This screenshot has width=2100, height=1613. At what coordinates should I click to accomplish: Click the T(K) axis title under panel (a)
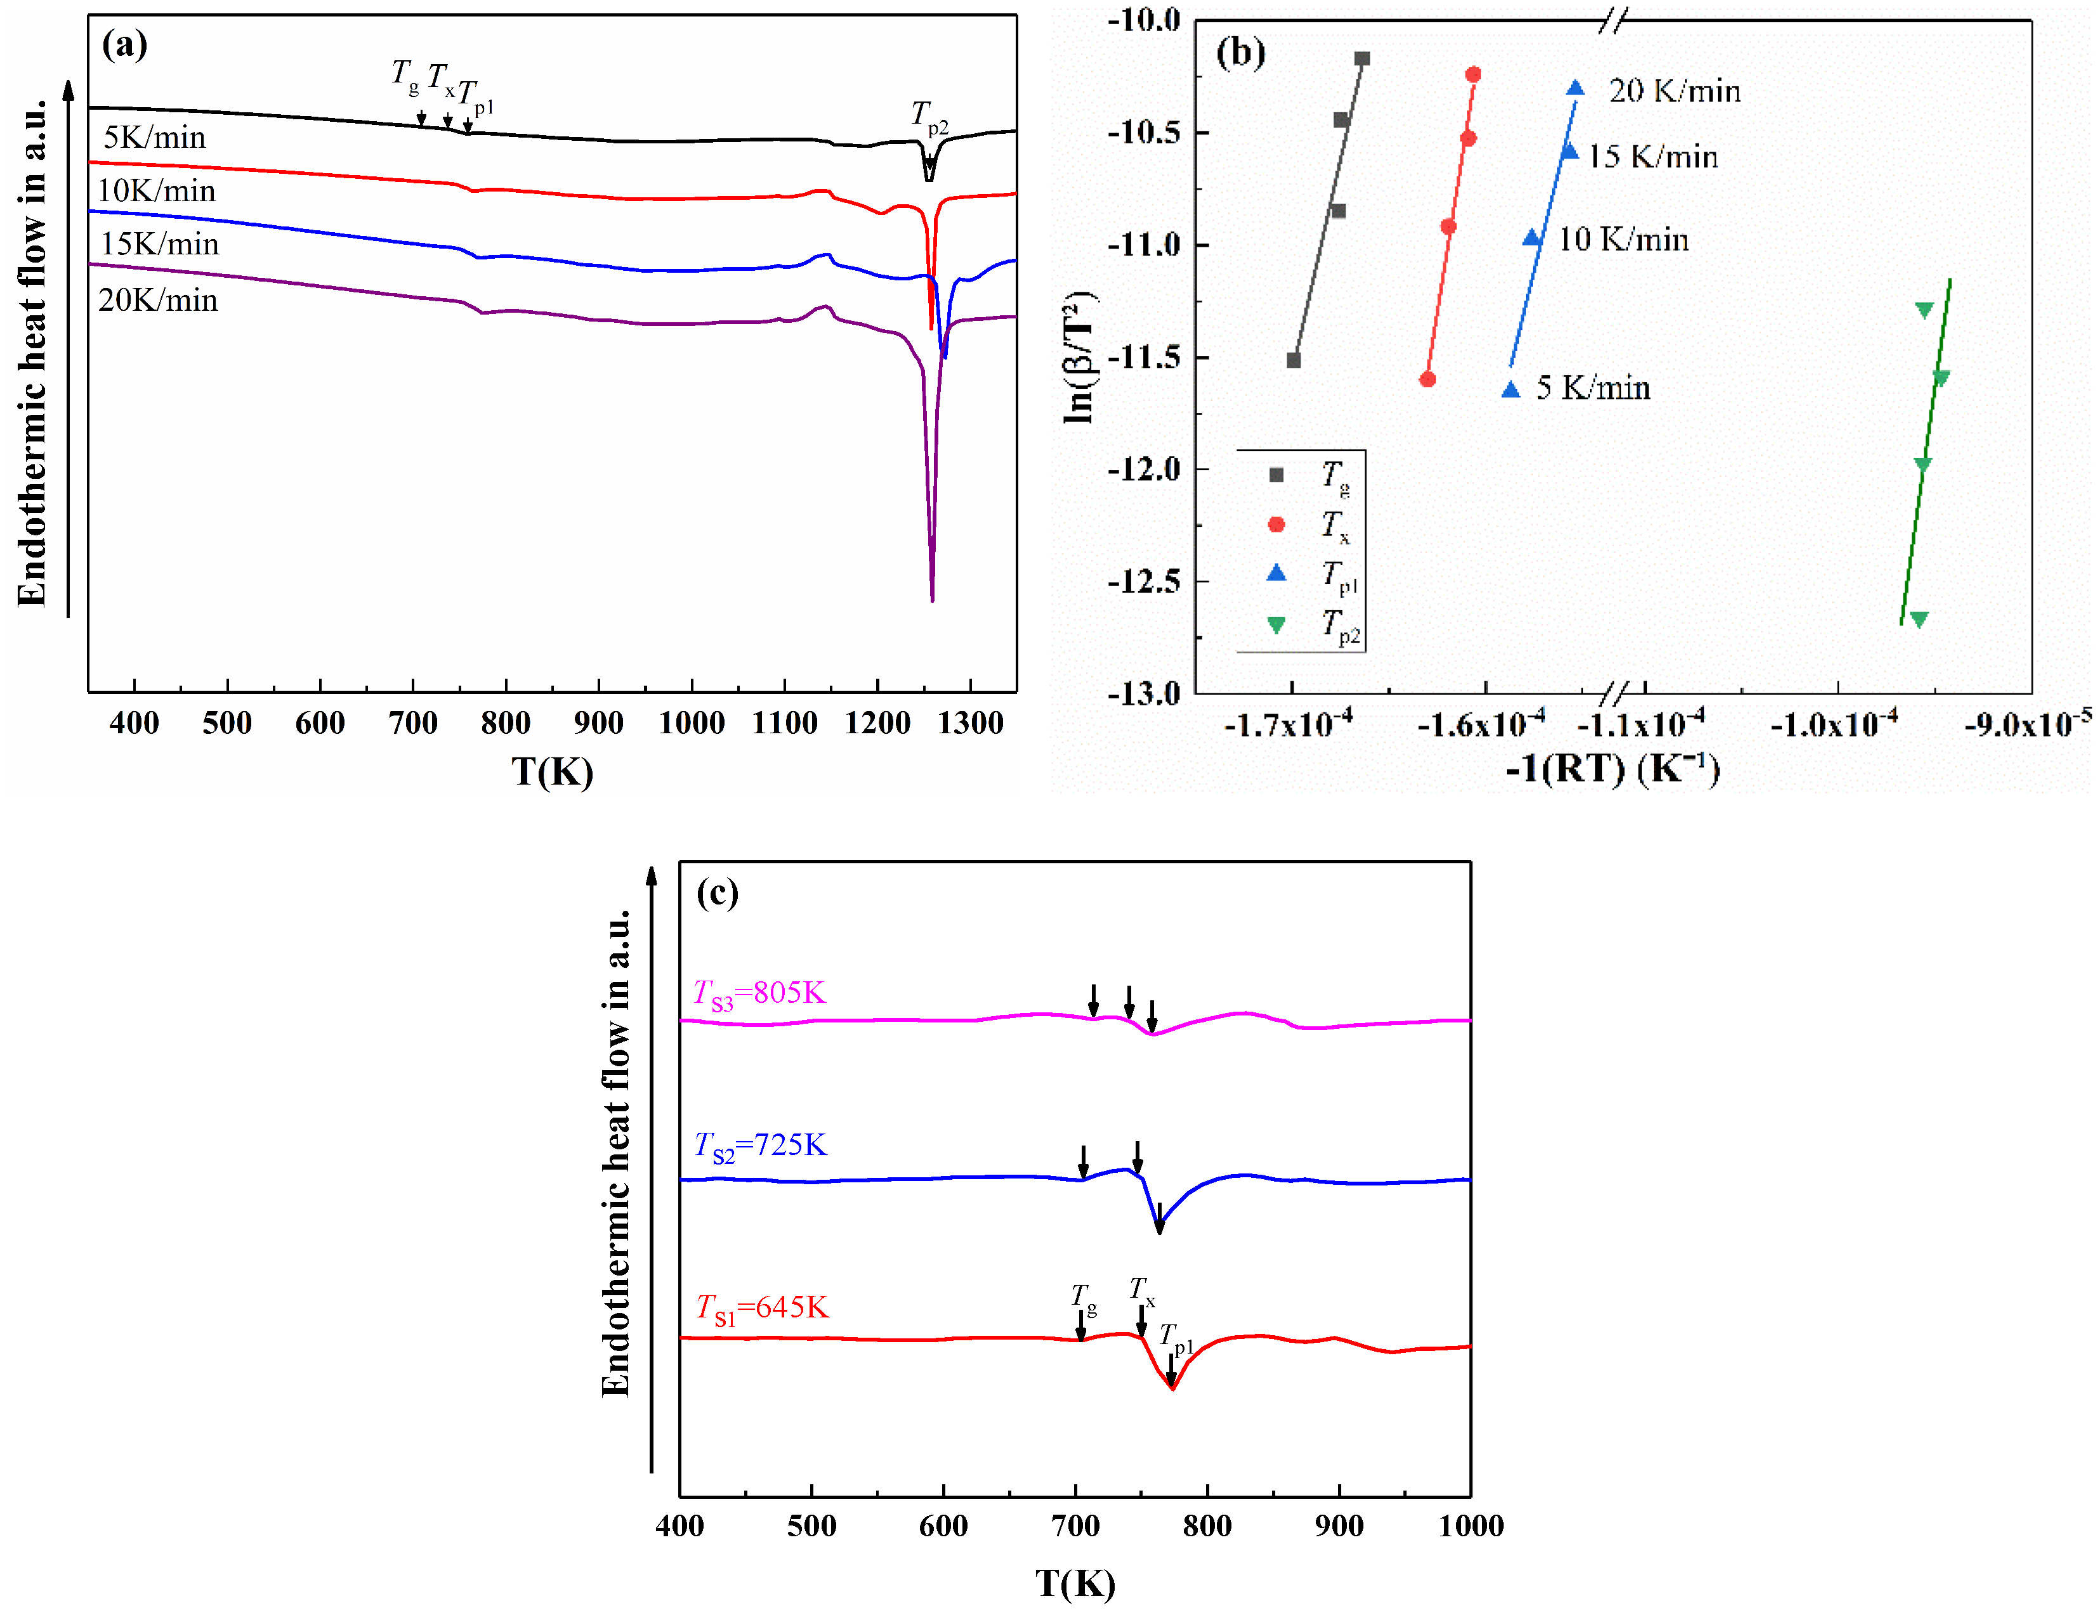(551, 771)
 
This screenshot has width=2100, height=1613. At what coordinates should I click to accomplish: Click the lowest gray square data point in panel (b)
(1294, 360)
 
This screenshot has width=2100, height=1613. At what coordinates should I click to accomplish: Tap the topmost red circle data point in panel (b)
(1473, 74)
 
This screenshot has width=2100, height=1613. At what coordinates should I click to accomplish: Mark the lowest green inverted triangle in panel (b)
(1919, 619)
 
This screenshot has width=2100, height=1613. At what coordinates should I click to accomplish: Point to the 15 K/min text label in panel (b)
(1651, 157)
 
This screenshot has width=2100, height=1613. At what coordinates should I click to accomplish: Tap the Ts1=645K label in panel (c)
(761, 1308)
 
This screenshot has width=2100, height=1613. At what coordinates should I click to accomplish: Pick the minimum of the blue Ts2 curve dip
(1159, 1230)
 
